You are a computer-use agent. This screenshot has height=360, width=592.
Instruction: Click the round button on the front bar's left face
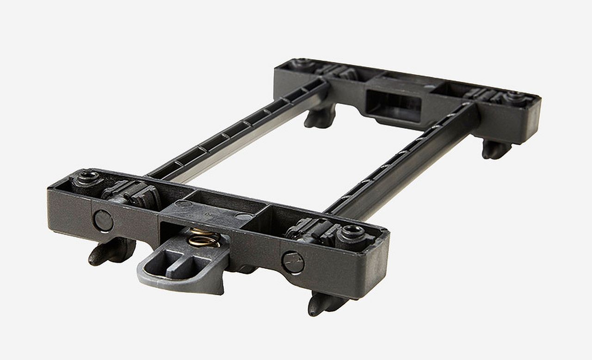(x=103, y=220)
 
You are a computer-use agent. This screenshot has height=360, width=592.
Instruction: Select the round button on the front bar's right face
(x=293, y=262)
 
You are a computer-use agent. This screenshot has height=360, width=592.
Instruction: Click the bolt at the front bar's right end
(x=352, y=232)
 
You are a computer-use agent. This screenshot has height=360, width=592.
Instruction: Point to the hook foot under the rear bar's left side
(x=320, y=117)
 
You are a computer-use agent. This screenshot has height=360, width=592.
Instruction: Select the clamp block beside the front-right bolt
(x=310, y=228)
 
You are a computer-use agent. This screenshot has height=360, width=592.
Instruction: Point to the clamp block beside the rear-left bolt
(x=340, y=72)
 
